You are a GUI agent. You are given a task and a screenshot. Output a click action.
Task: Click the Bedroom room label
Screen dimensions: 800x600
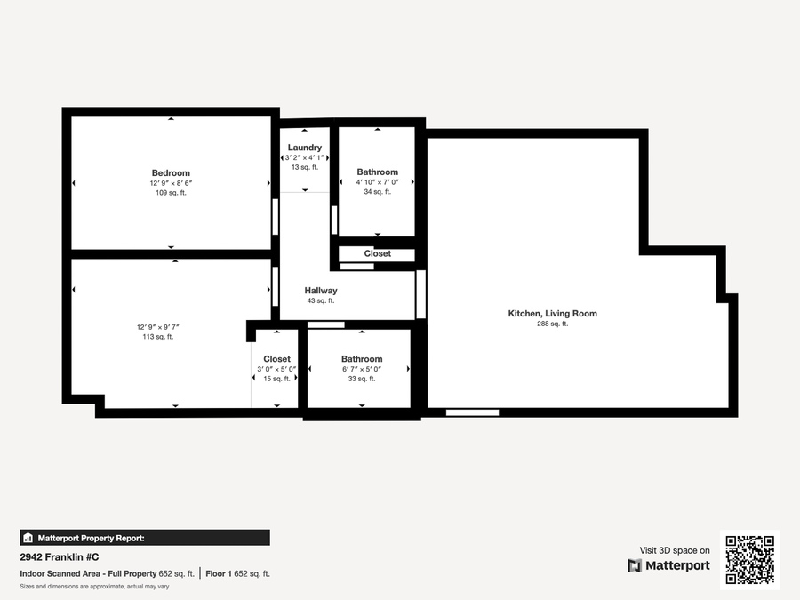pyautogui.click(x=171, y=173)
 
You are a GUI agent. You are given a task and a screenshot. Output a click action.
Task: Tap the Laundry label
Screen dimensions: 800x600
pyautogui.click(x=305, y=148)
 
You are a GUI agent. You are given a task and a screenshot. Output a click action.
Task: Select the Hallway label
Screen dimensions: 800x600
pyautogui.click(x=321, y=291)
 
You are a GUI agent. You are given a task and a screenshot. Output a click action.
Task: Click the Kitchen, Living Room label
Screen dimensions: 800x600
pyautogui.click(x=553, y=313)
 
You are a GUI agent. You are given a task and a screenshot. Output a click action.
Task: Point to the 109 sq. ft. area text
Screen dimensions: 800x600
pyautogui.click(x=171, y=193)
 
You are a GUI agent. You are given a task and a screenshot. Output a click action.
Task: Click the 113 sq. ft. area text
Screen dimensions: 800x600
pyautogui.click(x=158, y=337)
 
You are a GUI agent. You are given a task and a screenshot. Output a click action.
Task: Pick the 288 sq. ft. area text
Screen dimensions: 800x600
pyautogui.click(x=553, y=324)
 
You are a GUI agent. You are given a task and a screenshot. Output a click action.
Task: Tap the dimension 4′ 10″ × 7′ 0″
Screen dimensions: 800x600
pyautogui.click(x=378, y=182)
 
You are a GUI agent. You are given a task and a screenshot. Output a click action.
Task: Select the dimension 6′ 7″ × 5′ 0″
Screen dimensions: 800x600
pyautogui.click(x=362, y=369)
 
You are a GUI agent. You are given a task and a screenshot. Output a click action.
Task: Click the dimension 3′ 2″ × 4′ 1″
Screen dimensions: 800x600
pyautogui.click(x=305, y=157)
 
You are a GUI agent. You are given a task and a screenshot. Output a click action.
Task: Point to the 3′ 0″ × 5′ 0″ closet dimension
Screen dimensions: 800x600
pyautogui.click(x=276, y=369)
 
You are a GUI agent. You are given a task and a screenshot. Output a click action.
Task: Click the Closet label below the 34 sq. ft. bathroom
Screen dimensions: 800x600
pyautogui.click(x=378, y=253)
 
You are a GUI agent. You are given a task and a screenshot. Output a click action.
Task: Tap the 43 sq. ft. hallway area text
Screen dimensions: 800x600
pyautogui.click(x=321, y=301)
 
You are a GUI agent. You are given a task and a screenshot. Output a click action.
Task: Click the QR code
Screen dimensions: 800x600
pyautogui.click(x=750, y=560)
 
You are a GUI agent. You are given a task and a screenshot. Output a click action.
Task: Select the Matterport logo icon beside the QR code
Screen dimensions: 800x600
pyautogui.click(x=634, y=565)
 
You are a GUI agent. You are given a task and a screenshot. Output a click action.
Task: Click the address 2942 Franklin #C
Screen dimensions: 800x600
pyautogui.click(x=60, y=556)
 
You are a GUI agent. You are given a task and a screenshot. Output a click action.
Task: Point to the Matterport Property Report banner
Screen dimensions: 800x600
pyautogui.click(x=145, y=538)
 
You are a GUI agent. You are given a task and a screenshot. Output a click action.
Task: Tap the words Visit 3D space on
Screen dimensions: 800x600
pyautogui.click(x=675, y=550)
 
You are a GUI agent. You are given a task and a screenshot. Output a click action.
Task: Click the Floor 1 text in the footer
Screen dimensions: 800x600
pyautogui.click(x=219, y=573)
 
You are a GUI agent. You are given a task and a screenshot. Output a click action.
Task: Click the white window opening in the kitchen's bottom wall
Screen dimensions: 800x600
pyautogui.click(x=473, y=412)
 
